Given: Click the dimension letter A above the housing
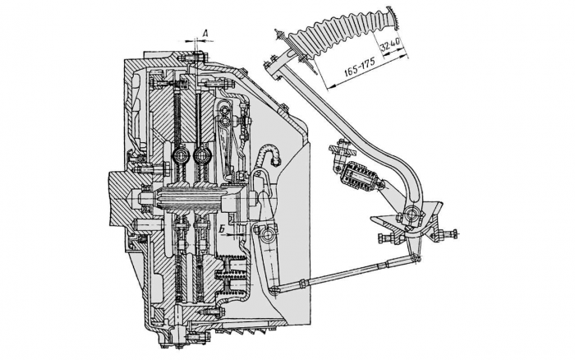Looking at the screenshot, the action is [x=205, y=33].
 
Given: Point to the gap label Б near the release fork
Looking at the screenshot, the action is [x=222, y=229].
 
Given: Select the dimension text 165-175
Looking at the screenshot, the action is [x=359, y=67].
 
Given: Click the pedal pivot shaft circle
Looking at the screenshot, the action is [x=411, y=214].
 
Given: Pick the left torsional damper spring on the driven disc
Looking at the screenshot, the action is [x=182, y=156].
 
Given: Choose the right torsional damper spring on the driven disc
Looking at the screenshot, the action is [x=200, y=156].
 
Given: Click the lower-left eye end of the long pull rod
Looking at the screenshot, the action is [x=274, y=290].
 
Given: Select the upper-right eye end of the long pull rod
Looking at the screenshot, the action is [x=415, y=258].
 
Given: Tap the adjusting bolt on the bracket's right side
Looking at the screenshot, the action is [x=449, y=233].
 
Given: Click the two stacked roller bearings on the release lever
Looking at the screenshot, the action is [x=224, y=113].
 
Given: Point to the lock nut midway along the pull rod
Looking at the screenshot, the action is [x=303, y=283].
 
